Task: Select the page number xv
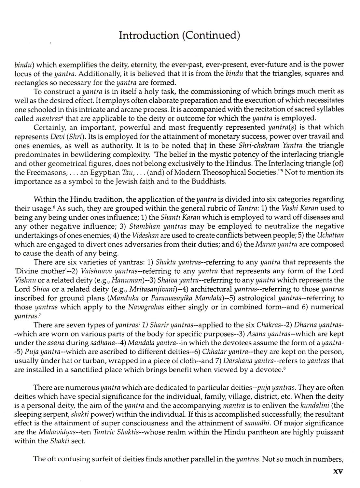337,471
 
